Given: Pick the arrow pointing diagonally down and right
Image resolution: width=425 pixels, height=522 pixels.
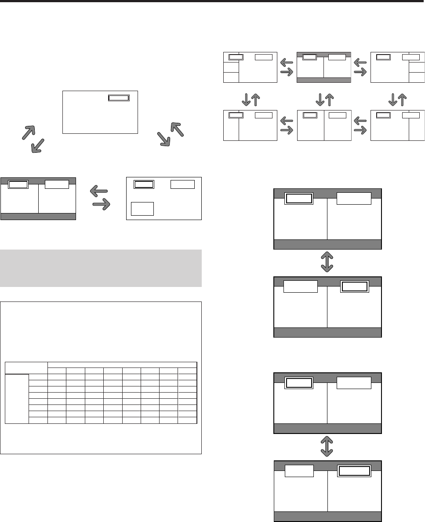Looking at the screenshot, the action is tap(164, 138).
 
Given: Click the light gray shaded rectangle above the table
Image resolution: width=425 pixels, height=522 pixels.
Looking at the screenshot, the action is tap(101, 268).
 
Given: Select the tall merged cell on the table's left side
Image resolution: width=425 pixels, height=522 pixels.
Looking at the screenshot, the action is tap(17, 398).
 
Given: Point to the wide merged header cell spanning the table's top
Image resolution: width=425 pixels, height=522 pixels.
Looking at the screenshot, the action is tap(122, 364).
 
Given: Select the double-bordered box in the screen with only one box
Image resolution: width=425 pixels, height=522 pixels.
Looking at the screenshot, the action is tap(119, 98).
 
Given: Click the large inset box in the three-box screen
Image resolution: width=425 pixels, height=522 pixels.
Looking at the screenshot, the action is tap(143, 208).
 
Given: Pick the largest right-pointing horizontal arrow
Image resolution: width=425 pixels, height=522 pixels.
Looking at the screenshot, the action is tap(101, 204).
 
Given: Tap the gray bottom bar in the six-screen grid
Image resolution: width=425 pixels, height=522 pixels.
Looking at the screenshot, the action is tap(324, 80).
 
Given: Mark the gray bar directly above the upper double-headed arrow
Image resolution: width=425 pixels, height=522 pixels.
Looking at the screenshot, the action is tap(327, 245).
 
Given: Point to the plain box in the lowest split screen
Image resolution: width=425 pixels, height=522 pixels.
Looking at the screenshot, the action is tap(299, 471).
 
